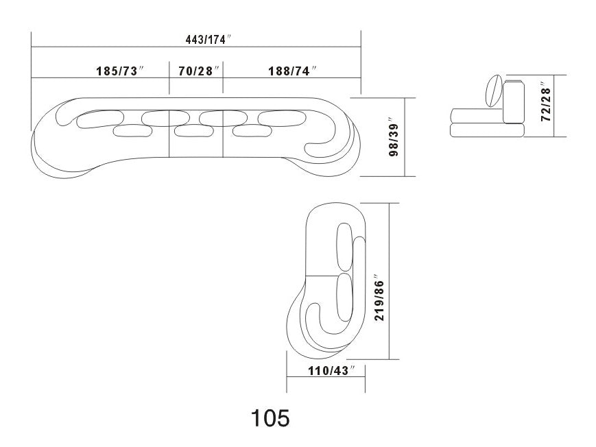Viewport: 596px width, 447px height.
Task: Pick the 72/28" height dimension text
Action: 546,103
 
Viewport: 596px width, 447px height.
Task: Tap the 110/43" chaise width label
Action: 326,371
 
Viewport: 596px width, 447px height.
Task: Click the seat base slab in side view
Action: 488,129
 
